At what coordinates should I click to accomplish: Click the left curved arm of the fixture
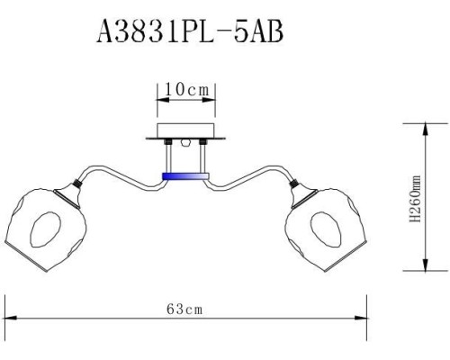click(121, 175)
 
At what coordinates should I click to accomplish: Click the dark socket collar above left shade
click(78, 186)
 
